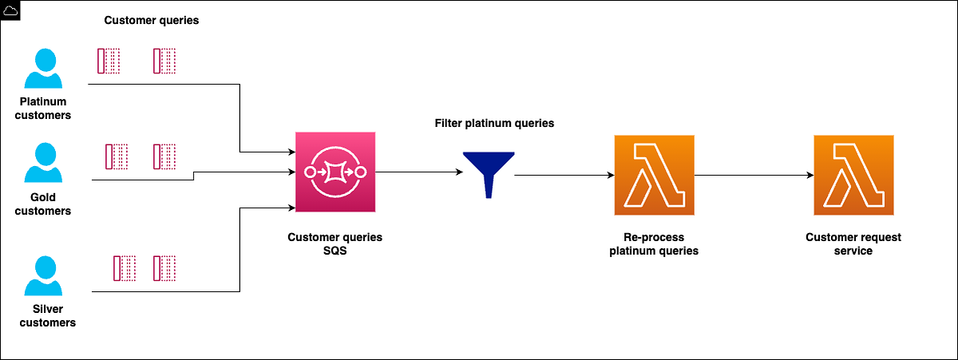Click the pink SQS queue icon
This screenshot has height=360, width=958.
335,173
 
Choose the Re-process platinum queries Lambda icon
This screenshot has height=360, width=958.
654,175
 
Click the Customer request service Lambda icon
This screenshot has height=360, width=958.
853,175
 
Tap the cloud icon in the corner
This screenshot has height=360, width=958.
10,10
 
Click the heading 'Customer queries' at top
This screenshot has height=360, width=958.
151,20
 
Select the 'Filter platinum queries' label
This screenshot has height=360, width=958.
494,124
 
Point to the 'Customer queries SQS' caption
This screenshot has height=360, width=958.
335,244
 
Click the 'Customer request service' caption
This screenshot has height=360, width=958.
853,244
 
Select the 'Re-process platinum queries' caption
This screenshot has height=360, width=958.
654,244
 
